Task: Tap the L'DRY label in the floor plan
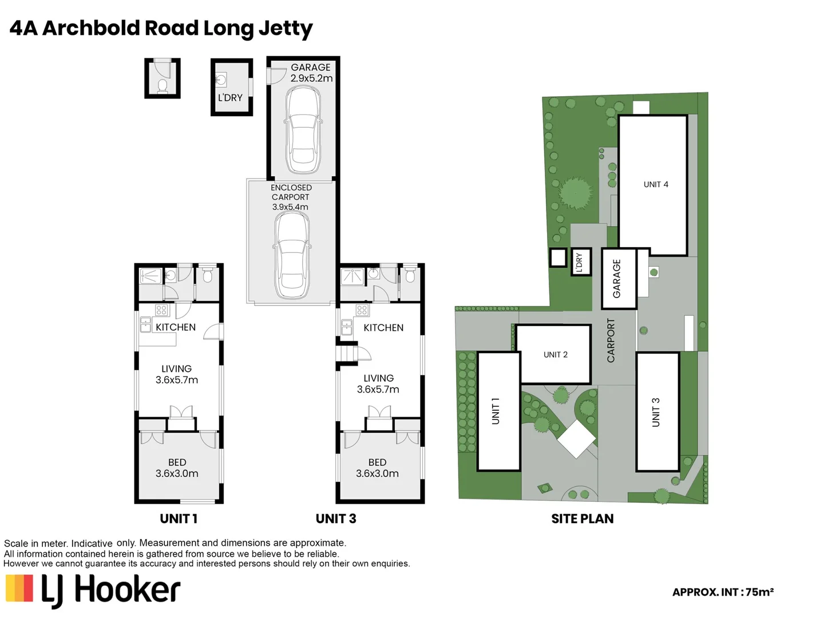pyautogui.click(x=230, y=98)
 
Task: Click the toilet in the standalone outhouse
pyautogui.click(x=163, y=86)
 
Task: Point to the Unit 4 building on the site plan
pyautogui.click(x=653, y=185)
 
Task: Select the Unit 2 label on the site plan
pyautogui.click(x=555, y=355)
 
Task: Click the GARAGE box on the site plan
pyautogui.click(x=617, y=279)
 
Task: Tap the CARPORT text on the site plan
pyautogui.click(x=611, y=340)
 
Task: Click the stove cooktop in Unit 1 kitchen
pyautogui.click(x=161, y=310)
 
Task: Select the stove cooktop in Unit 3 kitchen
pyautogui.click(x=362, y=310)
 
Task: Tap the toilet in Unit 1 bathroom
pyautogui.click(x=207, y=276)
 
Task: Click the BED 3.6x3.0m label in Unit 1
pyautogui.click(x=177, y=468)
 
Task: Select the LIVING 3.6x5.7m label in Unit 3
pyautogui.click(x=378, y=383)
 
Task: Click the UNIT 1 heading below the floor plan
pyautogui.click(x=179, y=519)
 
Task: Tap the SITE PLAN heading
pyautogui.click(x=582, y=519)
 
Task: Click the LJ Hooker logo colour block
pyautogui.click(x=19, y=589)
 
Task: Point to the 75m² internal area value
pyautogui.click(x=759, y=592)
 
